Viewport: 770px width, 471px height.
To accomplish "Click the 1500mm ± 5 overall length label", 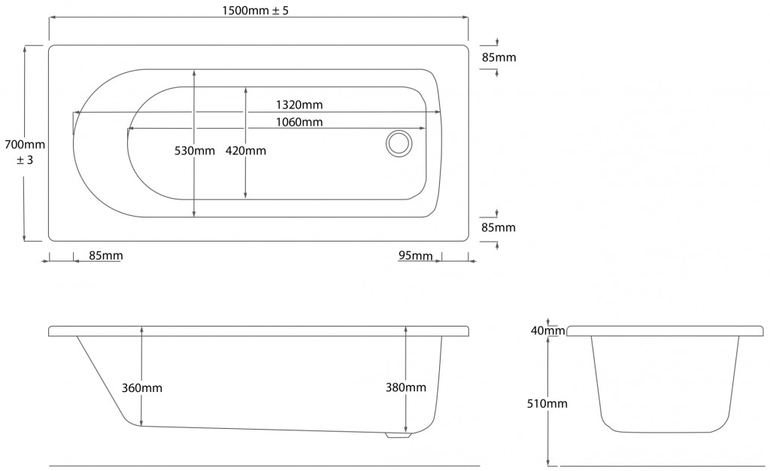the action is coord(256,11).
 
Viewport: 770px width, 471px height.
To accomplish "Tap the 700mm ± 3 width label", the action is coord(25,152).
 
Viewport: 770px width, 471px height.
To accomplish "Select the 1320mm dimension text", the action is coord(299,105).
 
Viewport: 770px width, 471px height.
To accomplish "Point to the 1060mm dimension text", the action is coord(299,122).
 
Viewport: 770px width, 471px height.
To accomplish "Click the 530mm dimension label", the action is coord(195,150).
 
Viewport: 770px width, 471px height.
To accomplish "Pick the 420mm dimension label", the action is coord(246,150).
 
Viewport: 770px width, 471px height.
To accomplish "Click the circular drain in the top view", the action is coord(399,144).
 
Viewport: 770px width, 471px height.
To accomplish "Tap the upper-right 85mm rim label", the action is coord(499,57).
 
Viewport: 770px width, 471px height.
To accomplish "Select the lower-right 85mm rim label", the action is coord(499,227).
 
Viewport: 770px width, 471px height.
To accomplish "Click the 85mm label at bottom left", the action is coord(106,256).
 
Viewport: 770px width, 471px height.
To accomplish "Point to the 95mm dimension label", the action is coord(415,256).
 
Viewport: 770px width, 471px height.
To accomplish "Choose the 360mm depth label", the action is coord(142,388).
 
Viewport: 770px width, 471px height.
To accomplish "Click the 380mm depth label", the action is coord(405,387).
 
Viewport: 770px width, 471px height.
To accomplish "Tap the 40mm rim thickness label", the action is coord(547,330).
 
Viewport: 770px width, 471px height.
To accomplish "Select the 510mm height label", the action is coord(547,404).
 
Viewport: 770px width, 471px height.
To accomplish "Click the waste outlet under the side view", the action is coord(398,435).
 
